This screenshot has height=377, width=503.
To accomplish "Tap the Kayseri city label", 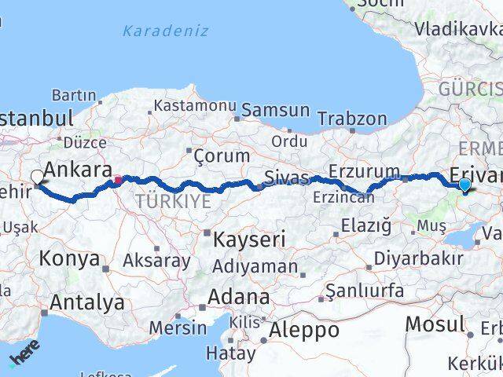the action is (x=245, y=239).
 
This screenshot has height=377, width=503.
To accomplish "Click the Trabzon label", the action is (x=352, y=119).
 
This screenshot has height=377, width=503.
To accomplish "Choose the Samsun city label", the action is (x=275, y=110).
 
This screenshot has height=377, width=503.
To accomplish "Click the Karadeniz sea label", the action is (x=166, y=31).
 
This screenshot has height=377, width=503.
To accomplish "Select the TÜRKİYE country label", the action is (x=173, y=201).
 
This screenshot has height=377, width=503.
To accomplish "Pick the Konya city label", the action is (x=69, y=258).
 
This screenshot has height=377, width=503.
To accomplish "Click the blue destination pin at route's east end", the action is (x=464, y=185).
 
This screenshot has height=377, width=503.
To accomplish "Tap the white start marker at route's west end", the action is (x=37, y=178).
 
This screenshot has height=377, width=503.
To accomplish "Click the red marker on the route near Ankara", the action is (x=118, y=180).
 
